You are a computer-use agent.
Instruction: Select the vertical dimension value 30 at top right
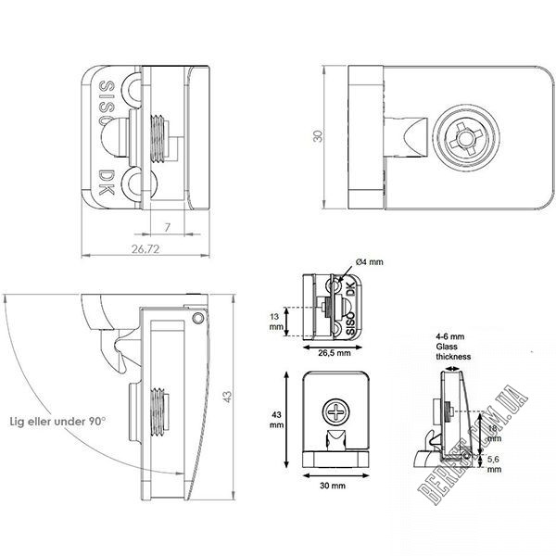(318, 136)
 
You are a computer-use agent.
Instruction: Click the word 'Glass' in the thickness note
(449, 347)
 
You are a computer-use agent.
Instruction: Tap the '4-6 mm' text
(450, 336)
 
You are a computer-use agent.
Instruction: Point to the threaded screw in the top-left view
(163, 140)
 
